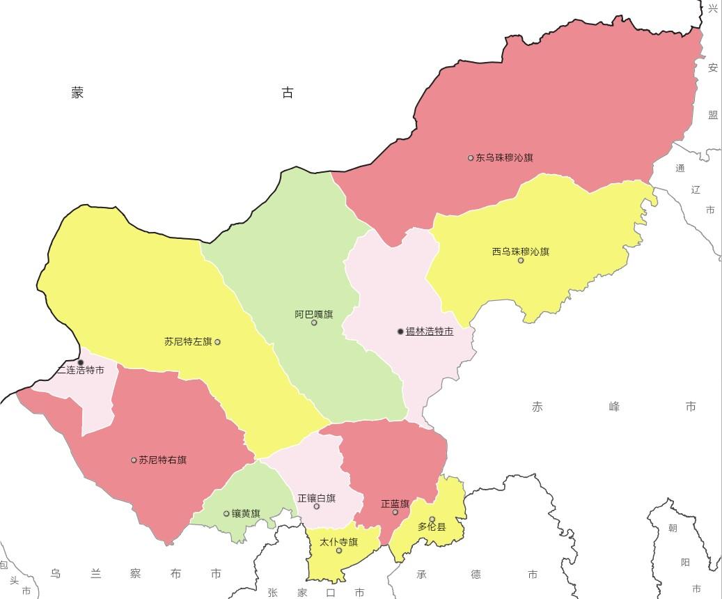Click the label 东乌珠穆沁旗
504,158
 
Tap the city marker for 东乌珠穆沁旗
471,158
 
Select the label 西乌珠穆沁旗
521,251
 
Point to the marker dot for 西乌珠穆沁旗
521,260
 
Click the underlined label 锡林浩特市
430,332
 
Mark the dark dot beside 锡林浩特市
400,332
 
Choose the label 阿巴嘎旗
314,314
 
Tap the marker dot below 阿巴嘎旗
314,322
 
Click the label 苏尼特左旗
188,342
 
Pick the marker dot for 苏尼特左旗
218,342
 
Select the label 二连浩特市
81,371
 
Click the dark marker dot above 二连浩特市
81,362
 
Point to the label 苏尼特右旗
162,460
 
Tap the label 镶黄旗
246,514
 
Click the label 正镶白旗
317,498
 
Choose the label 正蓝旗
395,504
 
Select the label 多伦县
432,527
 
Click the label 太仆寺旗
339,542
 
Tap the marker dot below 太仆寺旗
339,551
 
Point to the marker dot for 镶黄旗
226,514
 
